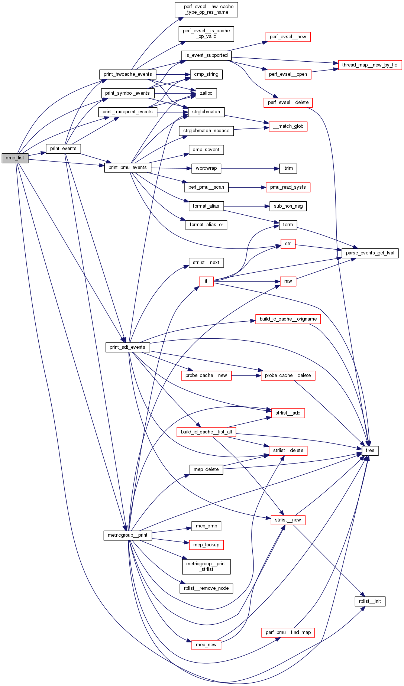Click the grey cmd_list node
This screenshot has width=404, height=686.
pyautogui.click(x=15, y=158)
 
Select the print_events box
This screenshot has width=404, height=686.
pyautogui.click(x=63, y=149)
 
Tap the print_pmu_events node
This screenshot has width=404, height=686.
pyautogui.click(x=127, y=168)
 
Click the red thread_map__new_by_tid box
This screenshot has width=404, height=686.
pyautogui.click(x=369, y=65)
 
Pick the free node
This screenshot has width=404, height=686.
pyautogui.click(x=370, y=451)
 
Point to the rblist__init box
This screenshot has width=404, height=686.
pyautogui.click(x=370, y=601)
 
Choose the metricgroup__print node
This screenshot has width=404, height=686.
pyautogui.click(x=127, y=535)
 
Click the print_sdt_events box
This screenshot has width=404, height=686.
pyautogui.click(x=127, y=347)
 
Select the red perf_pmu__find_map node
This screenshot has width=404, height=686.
pyautogui.click(x=288, y=633)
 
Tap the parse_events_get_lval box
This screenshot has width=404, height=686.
pyautogui.click(x=370, y=253)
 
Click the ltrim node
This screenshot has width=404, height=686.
pyautogui.click(x=288, y=168)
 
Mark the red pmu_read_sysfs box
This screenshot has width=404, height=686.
pyautogui.click(x=288, y=187)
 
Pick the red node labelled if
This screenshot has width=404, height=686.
pyautogui.click(x=206, y=281)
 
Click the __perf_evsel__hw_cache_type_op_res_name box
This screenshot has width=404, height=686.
pyautogui.click(x=206, y=9)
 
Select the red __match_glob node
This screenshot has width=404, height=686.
pyautogui.click(x=288, y=126)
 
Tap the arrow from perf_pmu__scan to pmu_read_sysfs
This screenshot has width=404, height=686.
pyautogui.click(x=247, y=188)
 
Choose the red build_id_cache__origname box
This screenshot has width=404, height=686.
pyautogui.click(x=288, y=319)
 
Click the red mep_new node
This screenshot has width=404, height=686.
pyautogui.click(x=206, y=645)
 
